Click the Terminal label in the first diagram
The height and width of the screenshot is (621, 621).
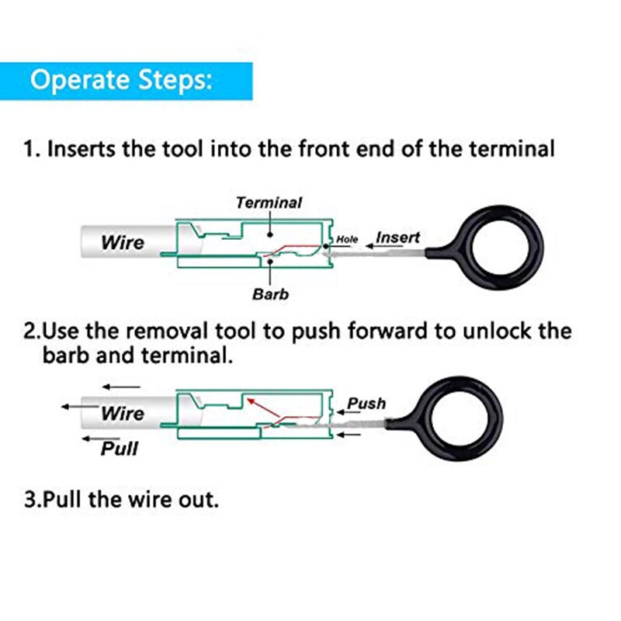click(269, 203)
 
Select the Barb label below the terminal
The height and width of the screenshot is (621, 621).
click(270, 294)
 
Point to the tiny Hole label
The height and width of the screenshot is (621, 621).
click(348, 240)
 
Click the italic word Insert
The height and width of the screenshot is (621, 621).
click(398, 237)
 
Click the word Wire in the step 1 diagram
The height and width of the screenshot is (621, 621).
click(122, 242)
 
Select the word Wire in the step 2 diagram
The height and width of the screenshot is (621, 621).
click(123, 413)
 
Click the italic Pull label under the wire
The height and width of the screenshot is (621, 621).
click(120, 448)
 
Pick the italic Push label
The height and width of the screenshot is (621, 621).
click(366, 404)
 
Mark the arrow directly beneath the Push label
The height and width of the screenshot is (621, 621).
click(350, 434)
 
